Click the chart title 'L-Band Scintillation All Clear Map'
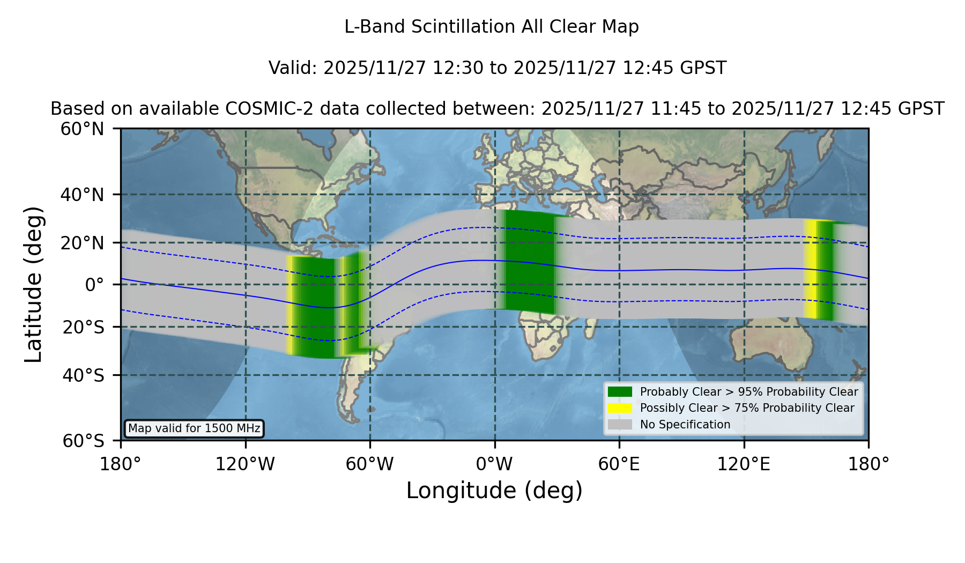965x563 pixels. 491,27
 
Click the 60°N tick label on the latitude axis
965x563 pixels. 82,129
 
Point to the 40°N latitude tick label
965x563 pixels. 82,195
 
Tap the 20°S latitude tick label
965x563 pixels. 83,327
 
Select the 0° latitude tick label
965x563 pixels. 94,285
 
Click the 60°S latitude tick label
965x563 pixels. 83,441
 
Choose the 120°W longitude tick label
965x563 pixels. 245,464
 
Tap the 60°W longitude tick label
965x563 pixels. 370,464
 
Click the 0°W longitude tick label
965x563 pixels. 494,464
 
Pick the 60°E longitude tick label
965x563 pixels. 619,464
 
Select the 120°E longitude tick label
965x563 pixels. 744,464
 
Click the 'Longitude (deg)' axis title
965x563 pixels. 494,491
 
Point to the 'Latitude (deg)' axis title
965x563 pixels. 33,284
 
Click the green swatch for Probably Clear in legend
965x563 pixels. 620,392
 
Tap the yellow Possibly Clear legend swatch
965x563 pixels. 620,408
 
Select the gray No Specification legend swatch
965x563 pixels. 620,425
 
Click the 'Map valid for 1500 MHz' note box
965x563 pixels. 194,428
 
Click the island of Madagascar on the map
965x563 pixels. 590,329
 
